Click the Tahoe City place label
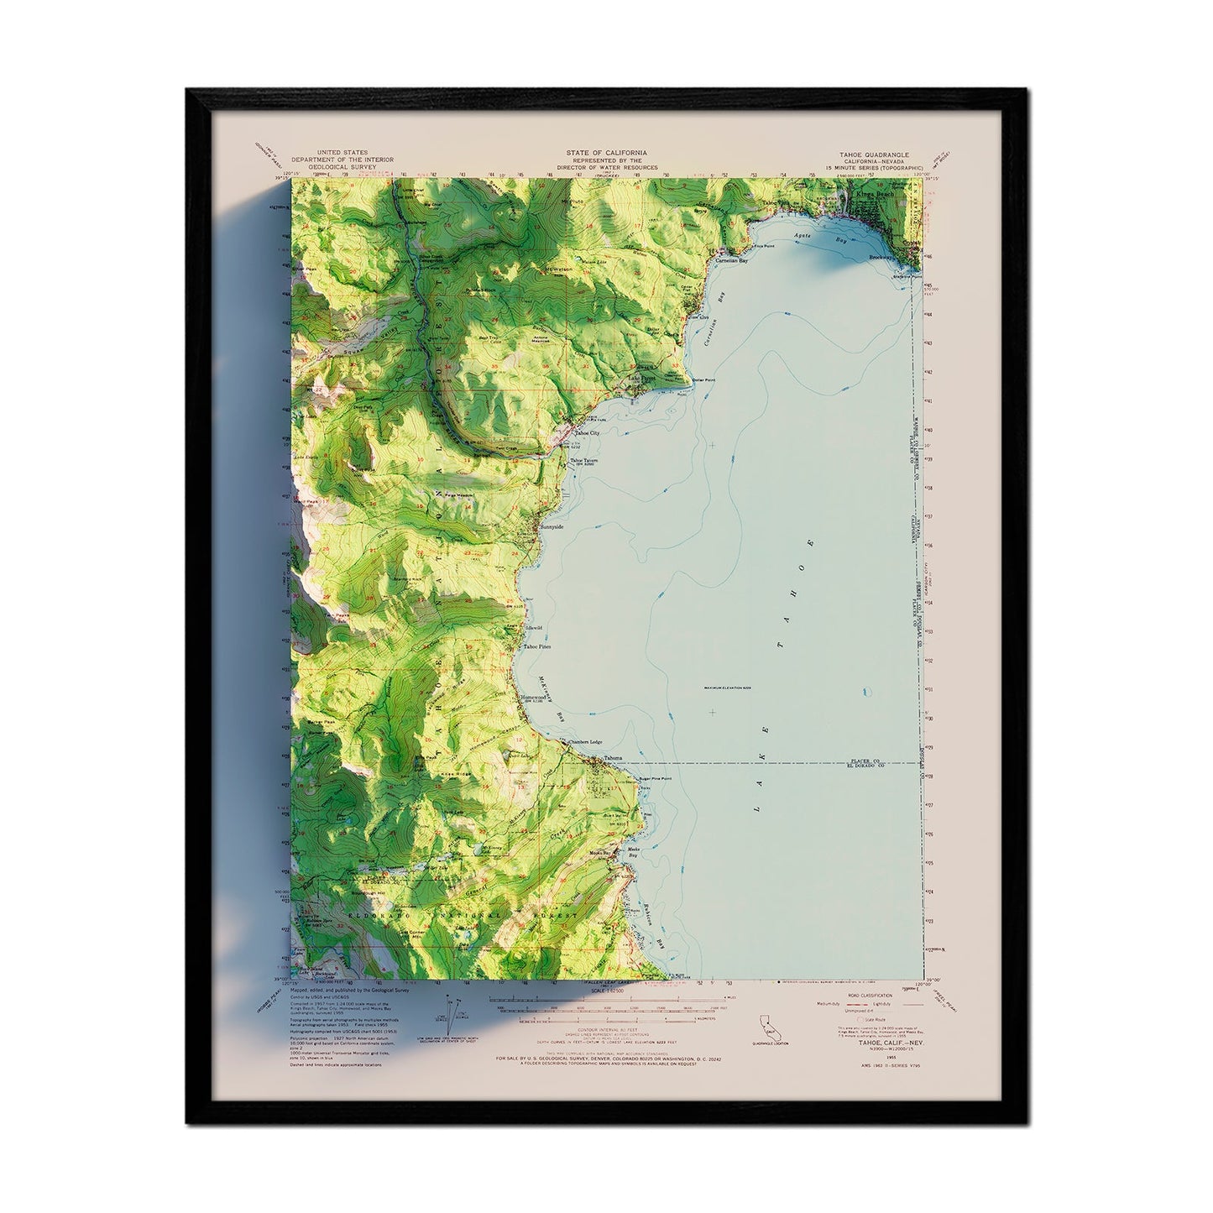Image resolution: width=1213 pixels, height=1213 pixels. [587, 433]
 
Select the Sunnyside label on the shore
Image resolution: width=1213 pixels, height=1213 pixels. [552, 526]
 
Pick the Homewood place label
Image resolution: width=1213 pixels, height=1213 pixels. [534, 697]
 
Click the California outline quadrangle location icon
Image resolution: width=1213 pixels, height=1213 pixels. [766, 1026]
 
